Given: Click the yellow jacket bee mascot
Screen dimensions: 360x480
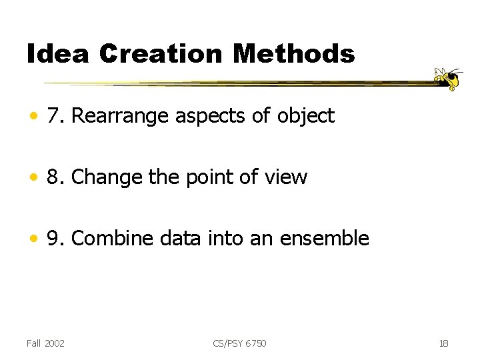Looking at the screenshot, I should pyautogui.click(x=448, y=79).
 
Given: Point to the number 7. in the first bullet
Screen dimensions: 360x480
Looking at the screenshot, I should pyautogui.click(x=55, y=116).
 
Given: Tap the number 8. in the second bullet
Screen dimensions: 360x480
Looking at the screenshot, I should pyautogui.click(x=55, y=177).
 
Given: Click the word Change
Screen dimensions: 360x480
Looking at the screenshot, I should pyautogui.click(x=101, y=177).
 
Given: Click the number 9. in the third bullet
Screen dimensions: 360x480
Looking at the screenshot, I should pyautogui.click(x=55, y=238).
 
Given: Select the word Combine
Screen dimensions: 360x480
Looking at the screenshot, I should pyautogui.click(x=109, y=238).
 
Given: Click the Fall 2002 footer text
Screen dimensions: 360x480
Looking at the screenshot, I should pyautogui.click(x=45, y=343).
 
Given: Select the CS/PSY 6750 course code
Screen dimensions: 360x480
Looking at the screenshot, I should pyautogui.click(x=239, y=343).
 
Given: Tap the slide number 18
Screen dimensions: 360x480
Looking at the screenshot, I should pyautogui.click(x=443, y=343).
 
